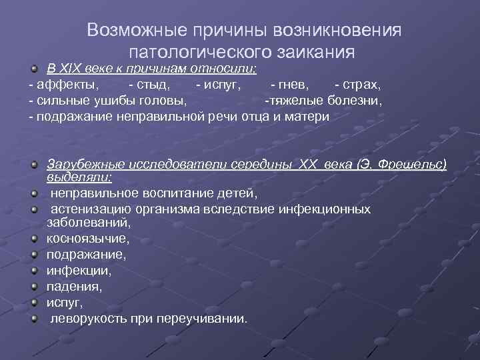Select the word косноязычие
pos(87,238)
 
